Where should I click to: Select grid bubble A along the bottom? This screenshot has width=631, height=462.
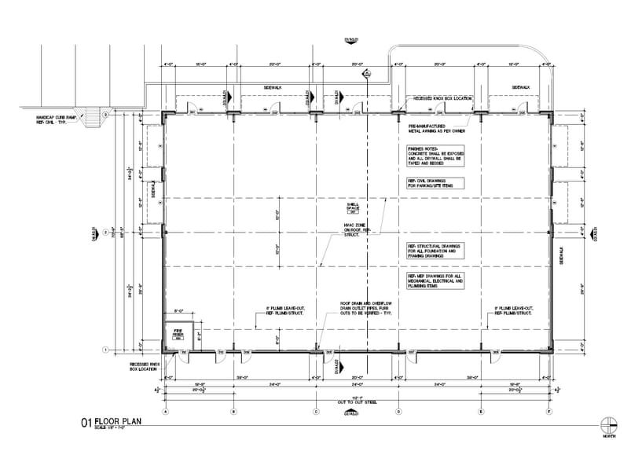[x=166, y=411]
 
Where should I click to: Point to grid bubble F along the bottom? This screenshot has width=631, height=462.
[x=549, y=411]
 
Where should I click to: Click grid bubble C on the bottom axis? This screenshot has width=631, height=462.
[x=316, y=411]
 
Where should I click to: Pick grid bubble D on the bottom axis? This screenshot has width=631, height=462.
[x=398, y=411]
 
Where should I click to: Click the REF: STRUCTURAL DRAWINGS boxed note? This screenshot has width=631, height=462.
[x=435, y=250]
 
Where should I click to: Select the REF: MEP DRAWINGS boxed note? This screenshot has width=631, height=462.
[x=435, y=281]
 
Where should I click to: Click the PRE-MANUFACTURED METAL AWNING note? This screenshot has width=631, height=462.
[x=430, y=127]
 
